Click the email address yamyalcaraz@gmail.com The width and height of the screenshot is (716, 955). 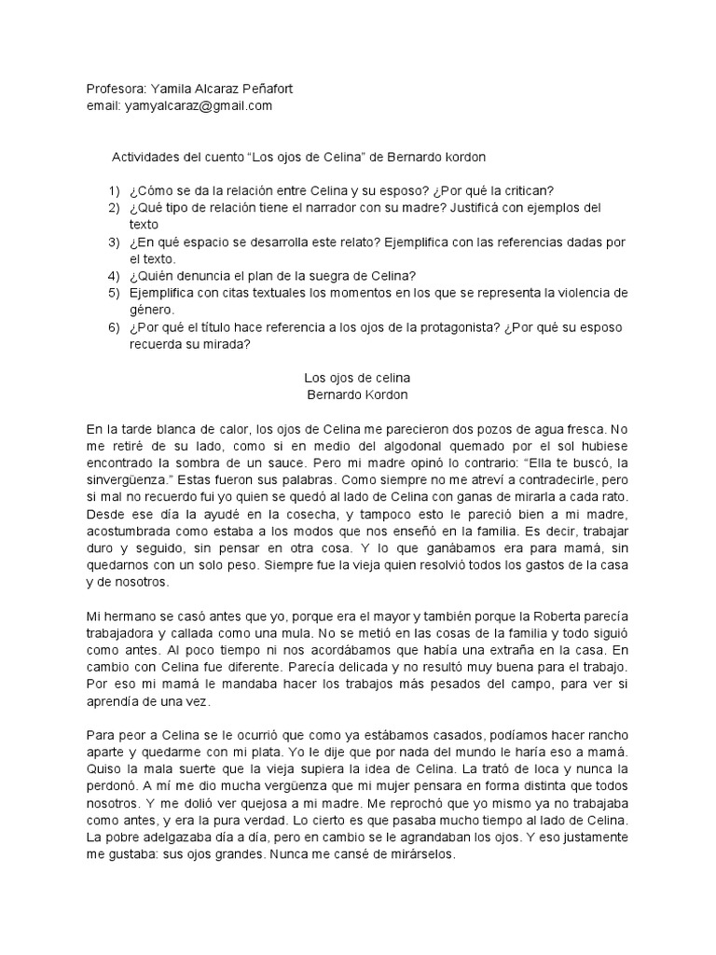[198, 106]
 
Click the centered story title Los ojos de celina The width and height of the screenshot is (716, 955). [358, 378]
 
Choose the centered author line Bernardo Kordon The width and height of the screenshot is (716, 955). [358, 394]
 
